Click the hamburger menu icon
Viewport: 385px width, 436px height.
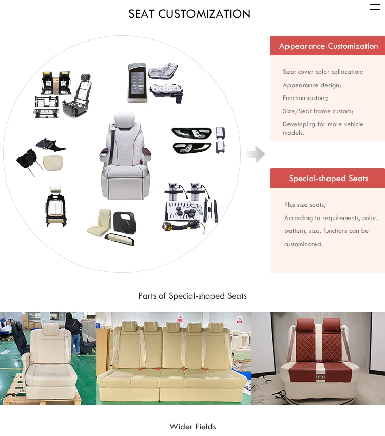374,7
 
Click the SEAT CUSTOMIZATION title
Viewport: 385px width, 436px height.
189,14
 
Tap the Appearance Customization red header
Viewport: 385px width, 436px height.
328,46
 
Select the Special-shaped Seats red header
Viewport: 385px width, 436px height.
328,178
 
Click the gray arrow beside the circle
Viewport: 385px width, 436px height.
256,154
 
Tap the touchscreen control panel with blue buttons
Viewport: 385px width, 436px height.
137,82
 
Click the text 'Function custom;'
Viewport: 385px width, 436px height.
305,98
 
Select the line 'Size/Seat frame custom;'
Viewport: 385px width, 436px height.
318,111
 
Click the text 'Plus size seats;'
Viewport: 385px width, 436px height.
305,205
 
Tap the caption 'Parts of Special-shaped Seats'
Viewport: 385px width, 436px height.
192,296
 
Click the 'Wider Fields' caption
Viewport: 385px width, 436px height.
192,427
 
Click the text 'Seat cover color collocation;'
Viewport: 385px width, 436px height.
323,72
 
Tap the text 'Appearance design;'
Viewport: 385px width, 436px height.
312,85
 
